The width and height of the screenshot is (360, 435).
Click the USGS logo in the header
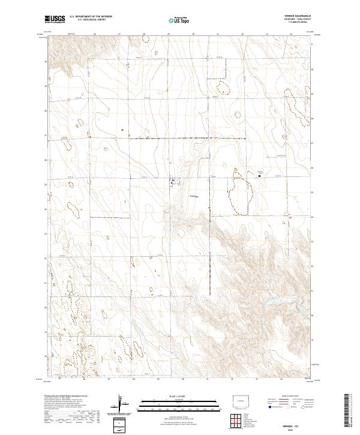(55, 20)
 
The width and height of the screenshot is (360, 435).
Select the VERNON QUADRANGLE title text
(298, 16)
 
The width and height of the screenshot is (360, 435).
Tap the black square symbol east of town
(260, 176)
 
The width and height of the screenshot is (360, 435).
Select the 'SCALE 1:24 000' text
(170, 397)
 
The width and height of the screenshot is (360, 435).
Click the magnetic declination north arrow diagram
(121, 404)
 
